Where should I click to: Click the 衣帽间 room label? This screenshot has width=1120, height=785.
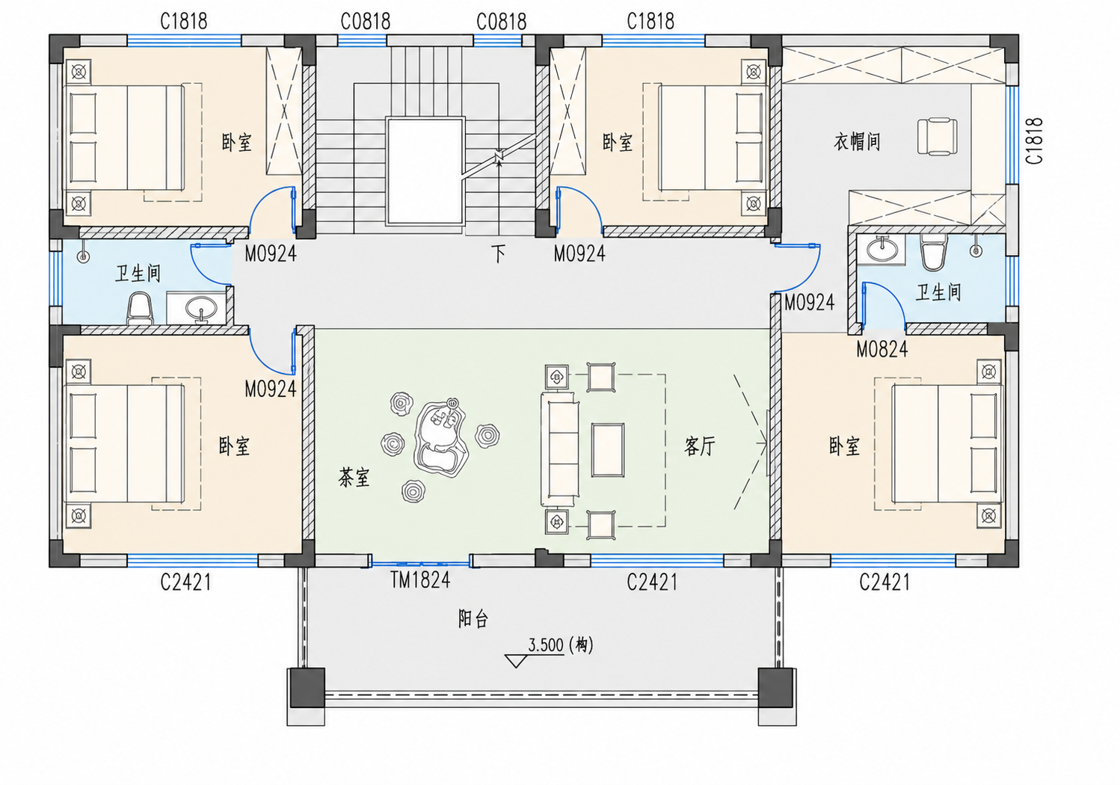coord(857,142)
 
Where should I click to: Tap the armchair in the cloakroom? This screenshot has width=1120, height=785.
coord(938,136)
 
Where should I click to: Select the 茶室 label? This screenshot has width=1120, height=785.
coord(354,478)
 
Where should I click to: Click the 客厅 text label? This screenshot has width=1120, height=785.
coord(700,446)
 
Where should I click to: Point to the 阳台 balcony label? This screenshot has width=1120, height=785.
coord(473,618)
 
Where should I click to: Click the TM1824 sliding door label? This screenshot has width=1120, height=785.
coord(420,580)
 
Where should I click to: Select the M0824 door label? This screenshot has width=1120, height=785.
coord(882,349)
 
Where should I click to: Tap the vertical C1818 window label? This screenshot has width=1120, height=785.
coord(1034,141)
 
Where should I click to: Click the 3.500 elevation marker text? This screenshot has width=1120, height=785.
coord(546,645)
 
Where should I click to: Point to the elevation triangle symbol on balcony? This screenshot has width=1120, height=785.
coord(515,661)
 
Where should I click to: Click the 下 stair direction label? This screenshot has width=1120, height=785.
coord(498,253)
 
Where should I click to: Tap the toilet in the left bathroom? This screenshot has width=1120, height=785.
coord(140,309)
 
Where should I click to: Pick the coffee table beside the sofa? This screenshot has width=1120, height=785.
coord(608,450)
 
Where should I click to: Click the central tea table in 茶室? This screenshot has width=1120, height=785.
coord(440,437)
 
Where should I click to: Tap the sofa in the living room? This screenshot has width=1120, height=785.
coord(560,449)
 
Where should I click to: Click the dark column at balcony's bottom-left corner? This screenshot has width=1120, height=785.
coord(307,688)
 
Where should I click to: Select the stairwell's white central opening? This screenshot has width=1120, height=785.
coord(425,171)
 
